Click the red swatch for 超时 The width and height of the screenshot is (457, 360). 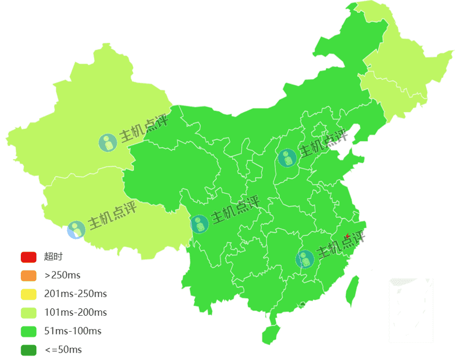(28, 257)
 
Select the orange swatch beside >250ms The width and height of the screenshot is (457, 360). (28, 276)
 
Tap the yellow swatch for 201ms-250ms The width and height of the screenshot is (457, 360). (28, 294)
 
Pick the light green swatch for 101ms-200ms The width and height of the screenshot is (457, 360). (28, 313)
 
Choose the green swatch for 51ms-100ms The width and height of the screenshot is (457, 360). (28, 331)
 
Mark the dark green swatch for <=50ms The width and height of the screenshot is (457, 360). (28, 350)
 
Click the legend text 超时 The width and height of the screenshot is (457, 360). (53, 257)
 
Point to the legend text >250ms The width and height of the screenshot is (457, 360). (62, 276)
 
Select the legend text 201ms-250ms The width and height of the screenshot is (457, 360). (75, 294)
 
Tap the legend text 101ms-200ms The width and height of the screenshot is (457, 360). (75, 313)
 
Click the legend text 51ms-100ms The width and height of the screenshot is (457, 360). (73, 331)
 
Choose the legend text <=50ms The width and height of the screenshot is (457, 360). (63, 350)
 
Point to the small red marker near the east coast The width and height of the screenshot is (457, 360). (348, 236)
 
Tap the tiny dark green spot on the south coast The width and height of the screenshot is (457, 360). (303, 305)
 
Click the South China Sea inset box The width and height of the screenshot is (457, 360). (411, 310)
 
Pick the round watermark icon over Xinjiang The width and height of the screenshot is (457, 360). (107, 142)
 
